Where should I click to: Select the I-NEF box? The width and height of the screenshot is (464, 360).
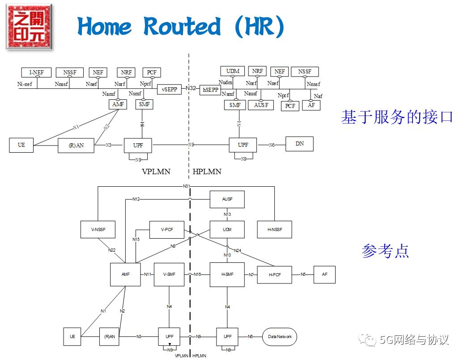(x=36, y=73)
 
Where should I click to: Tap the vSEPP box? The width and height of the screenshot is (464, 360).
(x=170, y=89)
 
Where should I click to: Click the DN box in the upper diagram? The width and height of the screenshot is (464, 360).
(x=299, y=144)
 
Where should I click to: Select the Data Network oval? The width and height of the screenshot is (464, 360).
(x=280, y=337)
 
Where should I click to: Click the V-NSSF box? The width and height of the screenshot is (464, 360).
(x=98, y=229)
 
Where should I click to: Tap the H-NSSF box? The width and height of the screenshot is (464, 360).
(x=274, y=229)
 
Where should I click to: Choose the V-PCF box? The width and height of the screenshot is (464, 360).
(x=166, y=229)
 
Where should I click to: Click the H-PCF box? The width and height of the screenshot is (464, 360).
(x=275, y=274)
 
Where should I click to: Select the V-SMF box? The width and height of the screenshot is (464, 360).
(x=169, y=274)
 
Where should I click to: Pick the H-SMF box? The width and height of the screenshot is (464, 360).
(x=227, y=274)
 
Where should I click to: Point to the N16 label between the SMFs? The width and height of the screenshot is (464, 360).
(x=197, y=274)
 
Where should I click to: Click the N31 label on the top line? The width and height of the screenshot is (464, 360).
(x=187, y=186)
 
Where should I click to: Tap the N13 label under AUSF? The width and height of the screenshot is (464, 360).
(x=227, y=214)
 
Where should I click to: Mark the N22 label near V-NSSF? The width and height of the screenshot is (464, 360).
(x=112, y=250)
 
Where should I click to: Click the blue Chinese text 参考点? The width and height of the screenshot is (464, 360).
(x=385, y=251)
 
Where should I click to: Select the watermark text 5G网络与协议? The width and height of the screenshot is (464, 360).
(x=413, y=340)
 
